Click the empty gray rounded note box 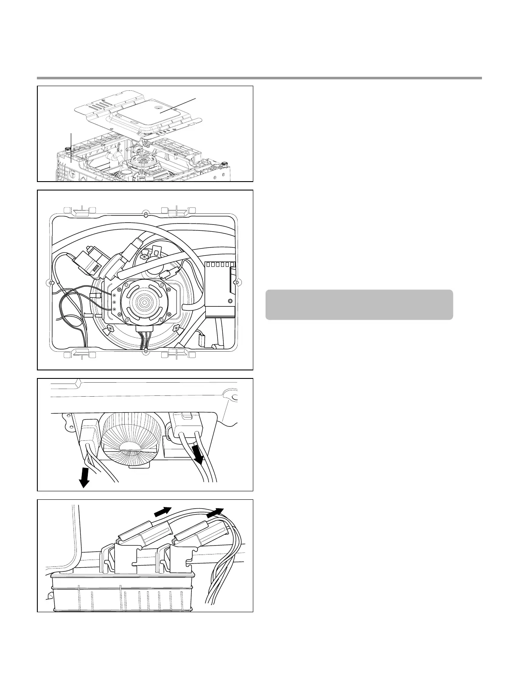tap(359, 305)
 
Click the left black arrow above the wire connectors tap(162, 512)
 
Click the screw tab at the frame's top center tap(145, 212)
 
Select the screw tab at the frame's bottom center tap(145, 350)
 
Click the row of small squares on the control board tap(220, 264)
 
